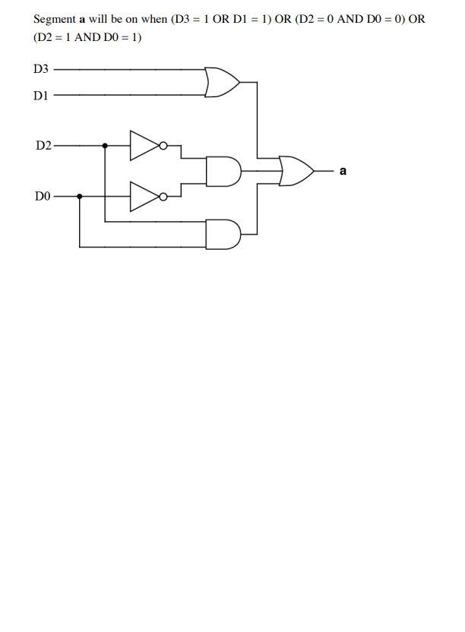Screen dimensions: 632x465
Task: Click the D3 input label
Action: point(41,69)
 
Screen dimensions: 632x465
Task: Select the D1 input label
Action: point(41,96)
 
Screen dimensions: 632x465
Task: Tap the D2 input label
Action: point(43,145)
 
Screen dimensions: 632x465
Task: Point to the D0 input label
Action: point(43,196)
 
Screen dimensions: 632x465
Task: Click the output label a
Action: point(343,171)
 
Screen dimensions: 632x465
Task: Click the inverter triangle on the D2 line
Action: point(143,145)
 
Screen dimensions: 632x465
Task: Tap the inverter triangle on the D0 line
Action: point(143,196)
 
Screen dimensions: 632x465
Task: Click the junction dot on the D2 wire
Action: point(105,145)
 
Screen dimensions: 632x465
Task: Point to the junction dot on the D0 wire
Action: point(80,196)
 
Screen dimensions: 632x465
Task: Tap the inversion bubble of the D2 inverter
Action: point(163,145)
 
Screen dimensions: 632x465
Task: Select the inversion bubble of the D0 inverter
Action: point(163,196)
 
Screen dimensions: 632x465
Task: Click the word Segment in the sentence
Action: point(54,19)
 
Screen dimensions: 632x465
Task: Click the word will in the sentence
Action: point(97,19)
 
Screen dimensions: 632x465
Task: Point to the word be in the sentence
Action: point(118,19)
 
